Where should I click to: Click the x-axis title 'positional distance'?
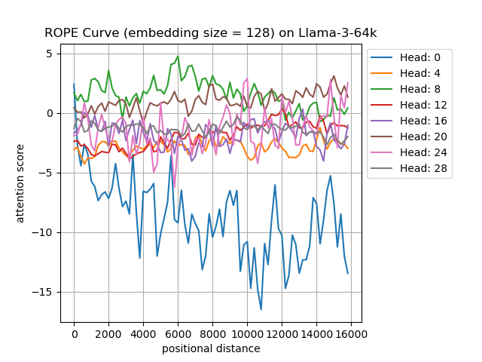coord(211,348)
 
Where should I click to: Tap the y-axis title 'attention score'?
coord(20,183)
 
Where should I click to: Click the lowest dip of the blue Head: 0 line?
coord(261,309)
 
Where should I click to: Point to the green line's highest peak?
coord(178,56)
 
